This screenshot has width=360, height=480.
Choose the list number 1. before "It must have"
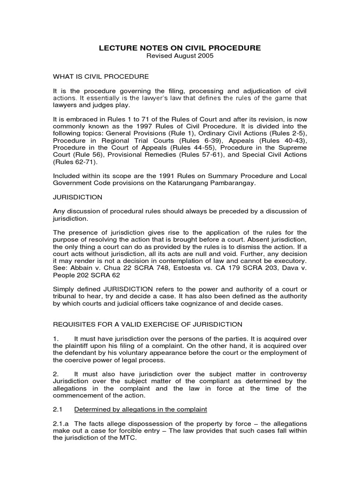[x=55, y=338]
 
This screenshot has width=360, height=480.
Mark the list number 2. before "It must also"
[x=55, y=374]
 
